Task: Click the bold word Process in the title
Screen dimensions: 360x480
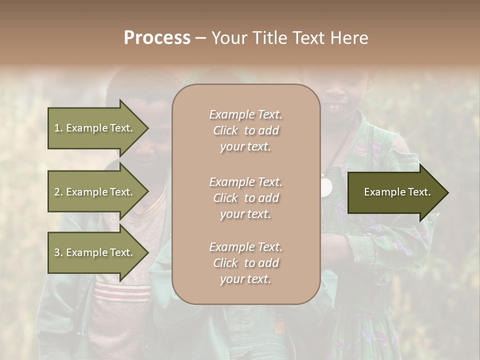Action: click(x=157, y=38)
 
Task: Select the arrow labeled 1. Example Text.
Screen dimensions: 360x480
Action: click(x=95, y=128)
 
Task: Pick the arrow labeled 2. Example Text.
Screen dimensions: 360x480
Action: click(x=95, y=192)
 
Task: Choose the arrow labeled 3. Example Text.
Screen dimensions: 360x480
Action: click(x=95, y=252)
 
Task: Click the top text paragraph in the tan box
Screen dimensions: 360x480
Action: click(x=245, y=130)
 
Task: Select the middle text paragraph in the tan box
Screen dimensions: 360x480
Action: click(x=245, y=198)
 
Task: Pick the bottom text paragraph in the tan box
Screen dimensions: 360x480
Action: click(x=245, y=263)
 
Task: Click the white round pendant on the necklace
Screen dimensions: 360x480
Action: click(x=326, y=187)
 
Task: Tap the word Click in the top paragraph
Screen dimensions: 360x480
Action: click(x=225, y=130)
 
